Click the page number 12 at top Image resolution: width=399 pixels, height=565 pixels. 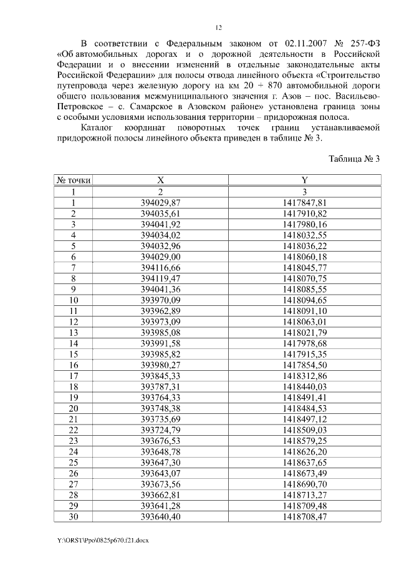tap(218, 27)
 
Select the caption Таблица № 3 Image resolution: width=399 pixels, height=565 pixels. tap(354, 158)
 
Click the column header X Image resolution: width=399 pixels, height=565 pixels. tap(160, 181)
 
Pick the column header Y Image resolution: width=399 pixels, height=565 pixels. tap(304, 181)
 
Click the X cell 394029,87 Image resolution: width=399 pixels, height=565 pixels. tap(160, 203)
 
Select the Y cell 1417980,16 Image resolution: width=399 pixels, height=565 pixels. tap(304, 224)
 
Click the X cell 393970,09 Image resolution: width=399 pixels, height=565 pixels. tap(160, 300)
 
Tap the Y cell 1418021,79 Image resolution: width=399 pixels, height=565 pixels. tap(304, 332)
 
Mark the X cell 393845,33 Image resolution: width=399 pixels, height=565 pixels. tap(160, 375)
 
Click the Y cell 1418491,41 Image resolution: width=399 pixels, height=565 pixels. tap(304, 397)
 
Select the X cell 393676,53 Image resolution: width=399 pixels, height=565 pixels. tap(160, 440)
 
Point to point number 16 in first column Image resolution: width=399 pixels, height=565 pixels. tap(74, 365)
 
